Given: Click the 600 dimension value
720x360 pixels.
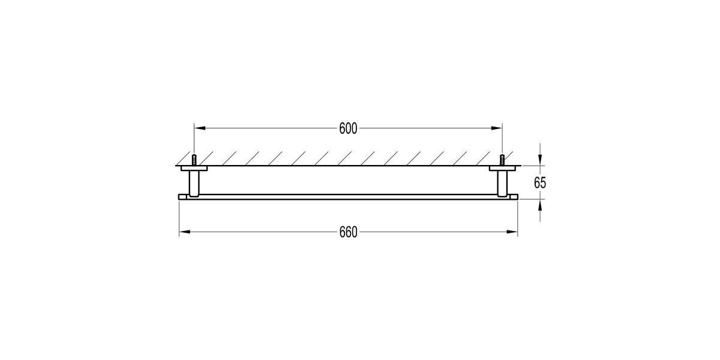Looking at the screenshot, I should pyautogui.click(x=348, y=128).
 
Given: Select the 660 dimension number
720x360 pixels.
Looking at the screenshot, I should pyautogui.click(x=348, y=232).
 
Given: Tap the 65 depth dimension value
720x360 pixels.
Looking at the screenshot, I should pyautogui.click(x=540, y=183).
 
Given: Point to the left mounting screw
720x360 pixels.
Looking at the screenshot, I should pyautogui.click(x=194, y=160).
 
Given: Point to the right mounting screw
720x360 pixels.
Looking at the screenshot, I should pyautogui.click(x=502, y=160).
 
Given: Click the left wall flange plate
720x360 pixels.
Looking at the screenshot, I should pyautogui.click(x=194, y=169).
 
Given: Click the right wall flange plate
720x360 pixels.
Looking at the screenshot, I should pyautogui.click(x=502, y=169).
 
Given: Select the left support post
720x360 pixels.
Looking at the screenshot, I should pyautogui.click(x=194, y=182).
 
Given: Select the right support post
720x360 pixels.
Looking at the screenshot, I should pyautogui.click(x=502, y=182).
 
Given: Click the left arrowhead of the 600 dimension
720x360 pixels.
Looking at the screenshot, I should pyautogui.click(x=199, y=128).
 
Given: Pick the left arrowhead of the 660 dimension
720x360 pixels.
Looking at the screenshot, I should pyautogui.click(x=184, y=232).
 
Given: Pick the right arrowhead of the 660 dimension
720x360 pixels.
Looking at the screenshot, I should pyautogui.click(x=513, y=232).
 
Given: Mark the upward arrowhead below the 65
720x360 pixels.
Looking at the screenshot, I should pyautogui.click(x=540, y=204).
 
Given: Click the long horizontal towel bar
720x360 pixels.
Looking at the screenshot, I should pyautogui.click(x=348, y=196).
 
